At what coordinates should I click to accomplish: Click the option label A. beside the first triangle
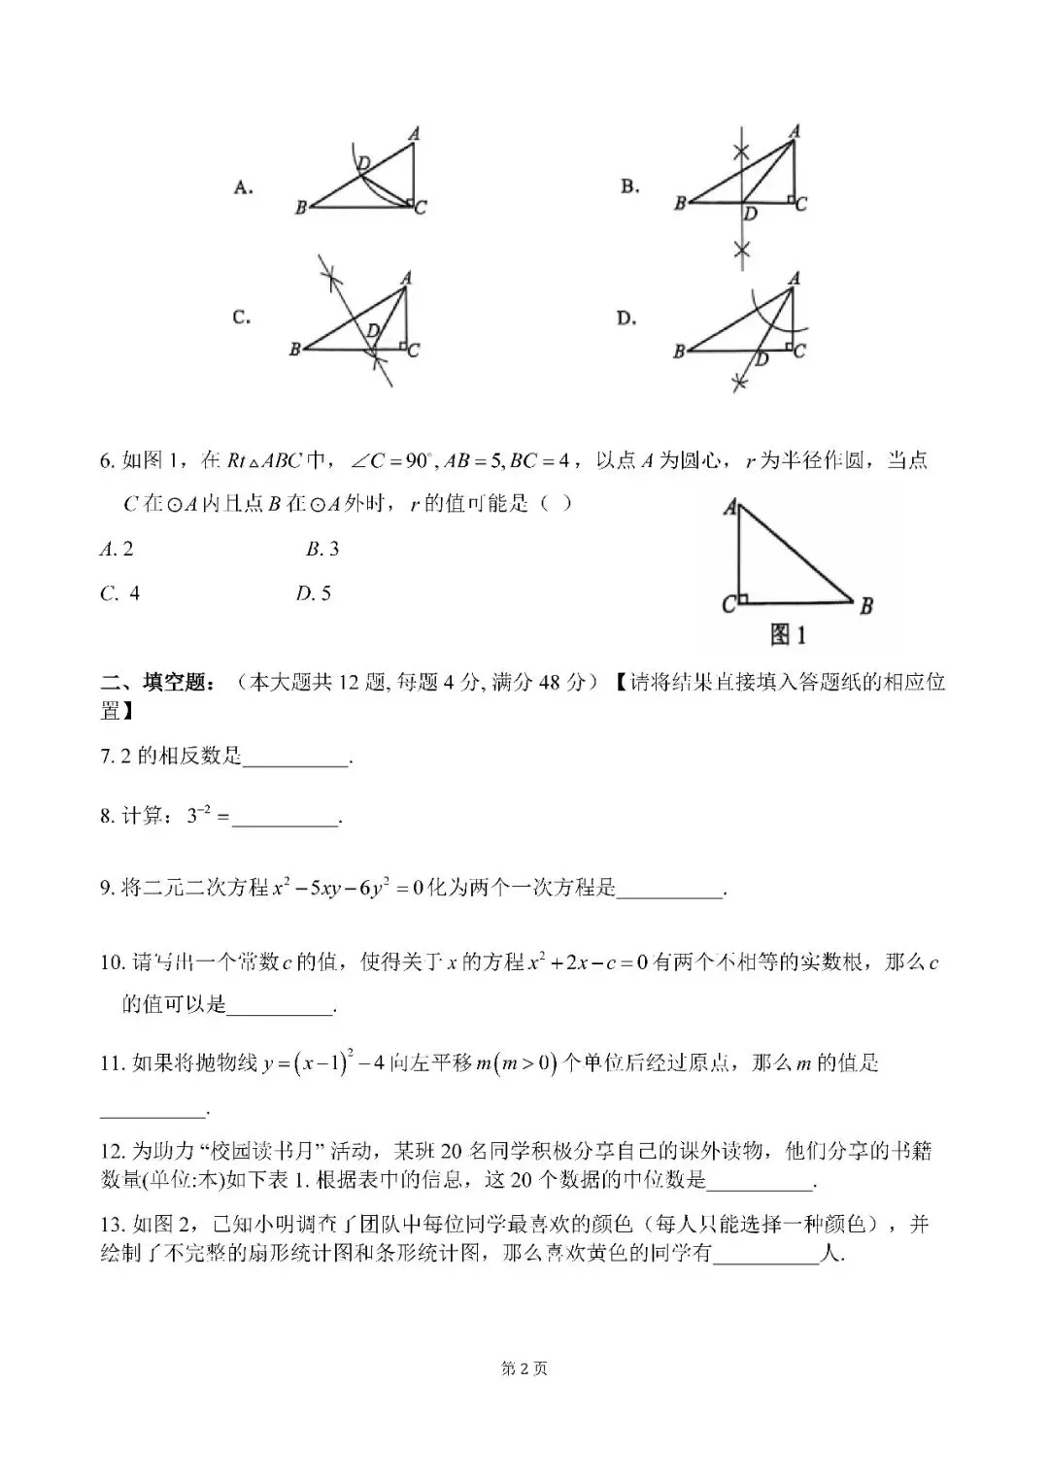[244, 187]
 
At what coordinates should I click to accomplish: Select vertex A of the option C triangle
[406, 279]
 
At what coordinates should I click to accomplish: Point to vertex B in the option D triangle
[679, 352]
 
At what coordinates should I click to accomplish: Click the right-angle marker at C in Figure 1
[743, 599]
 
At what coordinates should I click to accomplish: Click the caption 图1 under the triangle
[788, 635]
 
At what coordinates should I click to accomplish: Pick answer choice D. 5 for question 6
[313, 592]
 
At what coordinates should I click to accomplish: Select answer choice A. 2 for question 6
[117, 549]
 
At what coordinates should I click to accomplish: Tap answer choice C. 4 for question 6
[119, 592]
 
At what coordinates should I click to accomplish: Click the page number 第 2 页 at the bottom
[524, 1368]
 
